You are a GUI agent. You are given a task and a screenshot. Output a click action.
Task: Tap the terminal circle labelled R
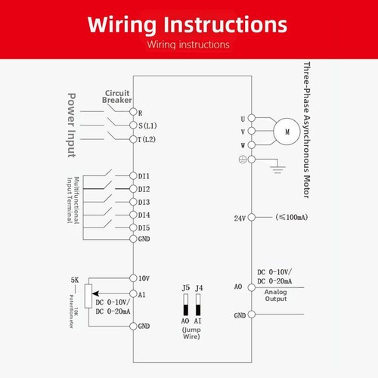(x=133, y=112)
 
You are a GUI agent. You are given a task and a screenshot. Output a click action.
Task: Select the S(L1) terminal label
(x=147, y=125)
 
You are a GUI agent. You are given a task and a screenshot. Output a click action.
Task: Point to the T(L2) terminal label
(x=147, y=139)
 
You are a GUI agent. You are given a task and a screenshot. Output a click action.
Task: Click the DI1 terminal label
(x=144, y=176)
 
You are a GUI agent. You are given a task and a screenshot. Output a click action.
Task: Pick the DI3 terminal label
(x=144, y=202)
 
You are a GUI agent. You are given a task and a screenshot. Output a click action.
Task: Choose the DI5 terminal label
(x=144, y=228)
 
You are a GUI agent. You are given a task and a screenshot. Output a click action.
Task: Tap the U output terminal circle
(x=252, y=118)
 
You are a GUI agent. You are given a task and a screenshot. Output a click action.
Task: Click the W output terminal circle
(x=252, y=145)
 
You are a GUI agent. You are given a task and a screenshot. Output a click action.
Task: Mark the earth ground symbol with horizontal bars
(x=277, y=169)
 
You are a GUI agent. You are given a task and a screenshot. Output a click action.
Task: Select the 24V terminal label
(x=240, y=218)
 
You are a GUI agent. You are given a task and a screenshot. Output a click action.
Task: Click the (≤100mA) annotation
(x=292, y=217)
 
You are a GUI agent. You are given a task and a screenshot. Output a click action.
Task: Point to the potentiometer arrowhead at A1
(x=95, y=293)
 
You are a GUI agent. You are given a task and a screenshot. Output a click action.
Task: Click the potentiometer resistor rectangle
(x=88, y=296)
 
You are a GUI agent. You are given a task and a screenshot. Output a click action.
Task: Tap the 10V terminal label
(x=144, y=278)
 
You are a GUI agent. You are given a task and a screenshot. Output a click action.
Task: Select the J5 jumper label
(x=186, y=288)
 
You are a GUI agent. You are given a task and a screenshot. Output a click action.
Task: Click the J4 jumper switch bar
(x=198, y=305)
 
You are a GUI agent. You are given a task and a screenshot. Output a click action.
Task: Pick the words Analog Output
(x=276, y=296)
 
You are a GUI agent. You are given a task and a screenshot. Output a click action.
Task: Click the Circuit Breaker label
(x=117, y=97)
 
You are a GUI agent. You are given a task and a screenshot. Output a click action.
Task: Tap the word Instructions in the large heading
(x=225, y=24)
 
